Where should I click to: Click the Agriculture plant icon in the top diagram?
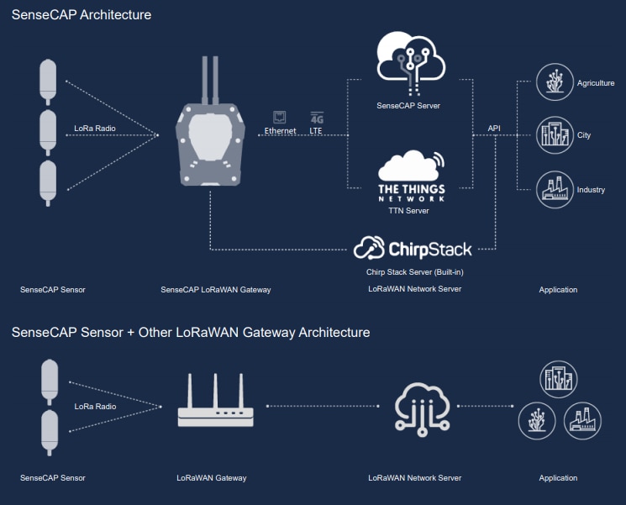point(555,82)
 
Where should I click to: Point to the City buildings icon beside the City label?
point(555,134)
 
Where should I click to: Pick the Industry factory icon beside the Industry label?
point(555,190)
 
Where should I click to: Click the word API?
point(494,128)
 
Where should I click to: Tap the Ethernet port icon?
point(280,118)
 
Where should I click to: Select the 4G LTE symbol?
point(316,118)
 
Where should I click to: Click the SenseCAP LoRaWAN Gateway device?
point(209,143)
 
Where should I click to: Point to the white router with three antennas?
point(215,402)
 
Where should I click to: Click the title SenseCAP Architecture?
point(82,14)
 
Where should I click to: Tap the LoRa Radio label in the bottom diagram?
point(95,407)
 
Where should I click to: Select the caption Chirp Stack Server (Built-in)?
point(414,272)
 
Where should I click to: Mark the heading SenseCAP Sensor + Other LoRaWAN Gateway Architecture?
point(191,333)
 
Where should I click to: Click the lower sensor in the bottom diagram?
point(49,431)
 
